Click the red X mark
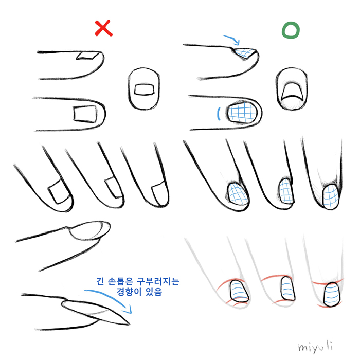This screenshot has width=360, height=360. (x=103, y=28)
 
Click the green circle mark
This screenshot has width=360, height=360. (x=291, y=30)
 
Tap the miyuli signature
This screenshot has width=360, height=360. (x=316, y=347)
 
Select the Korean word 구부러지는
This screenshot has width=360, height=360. (x=158, y=281)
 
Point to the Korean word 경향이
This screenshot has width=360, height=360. (x=129, y=292)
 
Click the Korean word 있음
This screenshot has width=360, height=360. (x=154, y=292)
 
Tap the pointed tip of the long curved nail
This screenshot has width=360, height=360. (x=130, y=324)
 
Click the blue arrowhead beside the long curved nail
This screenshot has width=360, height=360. (x=128, y=310)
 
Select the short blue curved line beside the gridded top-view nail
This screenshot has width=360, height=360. (x=219, y=114)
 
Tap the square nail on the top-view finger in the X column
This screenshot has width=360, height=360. (x=85, y=114)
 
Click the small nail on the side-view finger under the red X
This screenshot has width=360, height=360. (x=88, y=56)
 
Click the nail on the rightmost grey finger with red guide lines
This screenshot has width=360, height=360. (x=332, y=295)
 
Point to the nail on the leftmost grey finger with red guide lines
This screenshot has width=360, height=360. (x=239, y=291)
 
